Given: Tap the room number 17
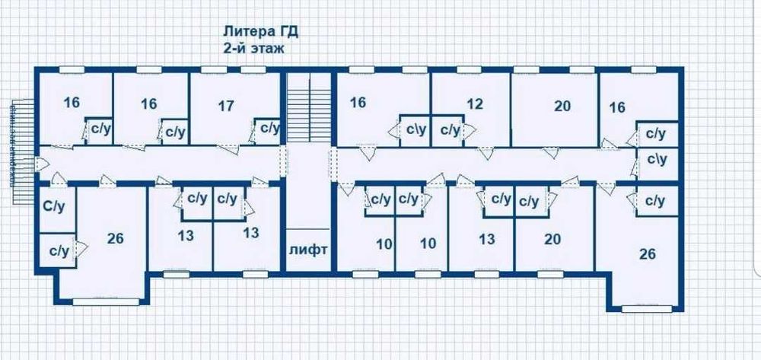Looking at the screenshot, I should (x=225, y=106).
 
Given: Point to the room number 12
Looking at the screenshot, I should (x=475, y=103).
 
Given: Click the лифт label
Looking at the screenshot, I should (x=308, y=249).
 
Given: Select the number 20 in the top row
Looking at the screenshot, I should (x=562, y=106).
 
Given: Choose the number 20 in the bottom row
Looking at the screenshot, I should (x=552, y=239).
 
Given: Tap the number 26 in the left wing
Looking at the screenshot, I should (x=116, y=239).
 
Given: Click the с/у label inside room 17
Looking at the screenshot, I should (x=269, y=129).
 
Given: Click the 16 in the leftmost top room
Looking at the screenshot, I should (x=72, y=103).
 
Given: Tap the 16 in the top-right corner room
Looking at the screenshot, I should (x=617, y=107).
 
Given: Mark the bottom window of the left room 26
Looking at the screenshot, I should (x=106, y=301).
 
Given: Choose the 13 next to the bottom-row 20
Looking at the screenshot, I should (x=487, y=239).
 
